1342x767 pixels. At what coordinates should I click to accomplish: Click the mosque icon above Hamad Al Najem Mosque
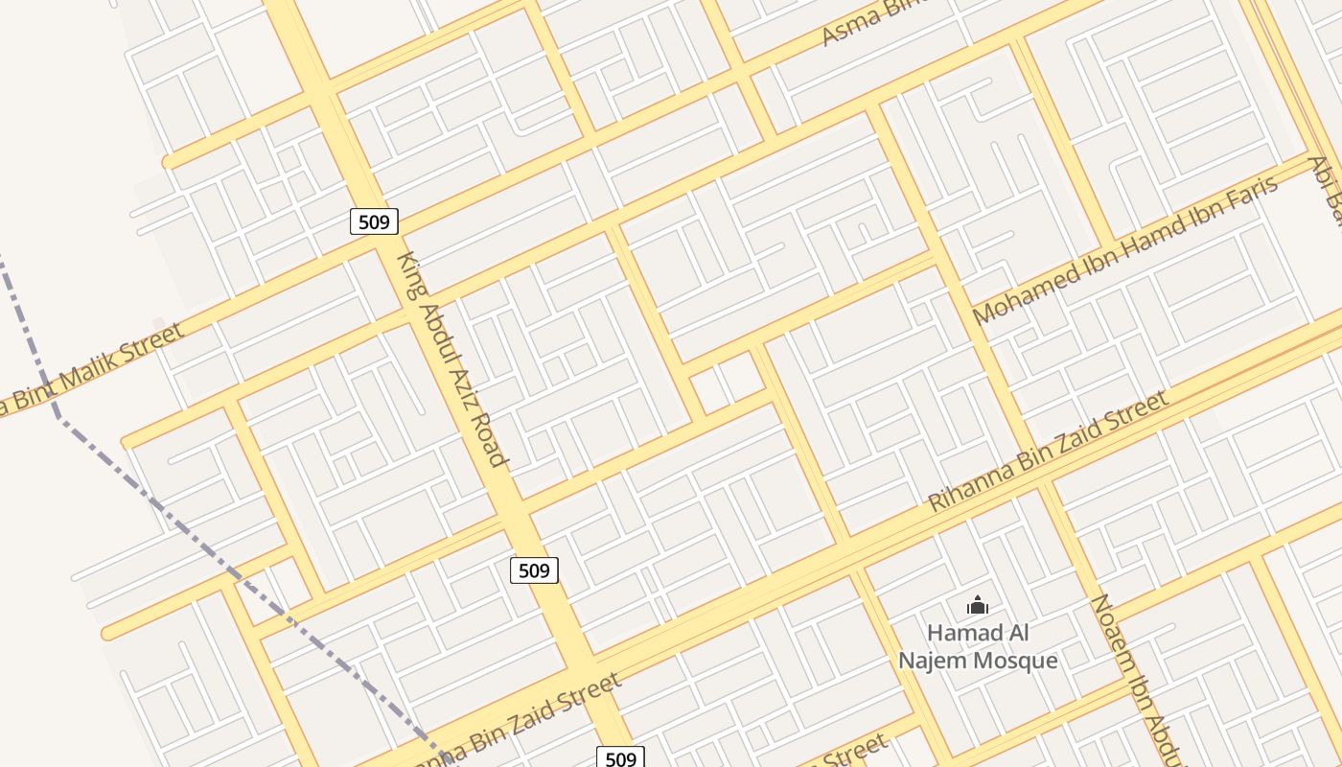click(x=977, y=605)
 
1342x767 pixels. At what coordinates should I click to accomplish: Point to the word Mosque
click(x=1014, y=661)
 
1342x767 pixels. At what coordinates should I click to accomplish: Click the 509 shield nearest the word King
click(x=373, y=222)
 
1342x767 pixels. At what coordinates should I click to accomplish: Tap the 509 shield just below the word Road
click(x=533, y=570)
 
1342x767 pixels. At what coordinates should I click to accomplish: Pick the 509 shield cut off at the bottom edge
click(x=620, y=757)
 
